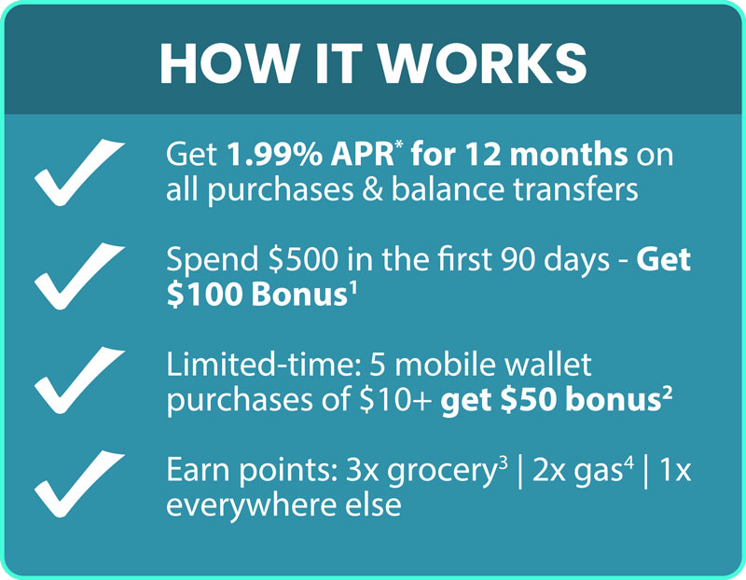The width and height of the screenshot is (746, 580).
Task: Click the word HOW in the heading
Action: (216, 62)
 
